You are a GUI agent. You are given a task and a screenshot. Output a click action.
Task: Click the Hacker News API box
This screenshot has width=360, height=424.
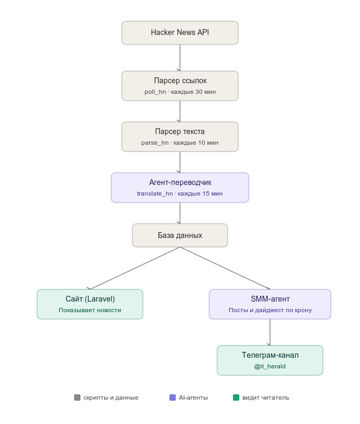click(180, 33)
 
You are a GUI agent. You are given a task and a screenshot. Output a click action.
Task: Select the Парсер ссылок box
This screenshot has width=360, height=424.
click(180, 86)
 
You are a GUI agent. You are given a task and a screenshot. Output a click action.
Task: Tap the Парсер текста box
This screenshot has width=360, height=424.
click(180, 137)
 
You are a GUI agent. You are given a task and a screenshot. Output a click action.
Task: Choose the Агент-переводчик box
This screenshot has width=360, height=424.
click(180, 188)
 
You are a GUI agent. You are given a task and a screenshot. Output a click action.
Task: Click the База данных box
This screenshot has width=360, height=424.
click(180, 235)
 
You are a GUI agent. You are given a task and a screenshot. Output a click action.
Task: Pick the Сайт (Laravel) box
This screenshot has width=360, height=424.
click(90, 304)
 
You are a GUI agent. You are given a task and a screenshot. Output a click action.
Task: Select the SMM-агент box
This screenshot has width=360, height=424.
click(270, 304)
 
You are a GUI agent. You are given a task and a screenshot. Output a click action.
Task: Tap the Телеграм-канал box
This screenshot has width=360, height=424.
click(270, 360)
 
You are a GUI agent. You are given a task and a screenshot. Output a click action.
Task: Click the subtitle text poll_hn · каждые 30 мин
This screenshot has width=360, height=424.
click(180, 92)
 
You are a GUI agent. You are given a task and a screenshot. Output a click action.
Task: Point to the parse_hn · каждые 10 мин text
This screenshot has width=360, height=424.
click(180, 143)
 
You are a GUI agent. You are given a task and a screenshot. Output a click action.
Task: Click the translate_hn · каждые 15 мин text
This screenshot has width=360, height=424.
click(180, 193)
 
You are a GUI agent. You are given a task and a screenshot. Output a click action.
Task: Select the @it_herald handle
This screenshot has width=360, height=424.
click(270, 366)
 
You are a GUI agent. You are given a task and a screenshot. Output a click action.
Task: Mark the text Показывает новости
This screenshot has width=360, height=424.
click(90, 310)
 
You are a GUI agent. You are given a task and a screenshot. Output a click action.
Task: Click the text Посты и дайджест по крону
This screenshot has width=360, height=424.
click(270, 310)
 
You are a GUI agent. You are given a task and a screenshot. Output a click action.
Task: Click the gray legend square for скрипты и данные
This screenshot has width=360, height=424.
click(77, 397)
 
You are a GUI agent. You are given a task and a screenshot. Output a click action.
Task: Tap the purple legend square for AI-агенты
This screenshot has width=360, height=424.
click(173, 397)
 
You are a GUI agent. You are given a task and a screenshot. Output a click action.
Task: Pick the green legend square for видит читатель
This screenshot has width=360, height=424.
click(236, 397)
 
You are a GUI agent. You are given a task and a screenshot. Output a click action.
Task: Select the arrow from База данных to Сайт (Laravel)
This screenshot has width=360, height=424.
click(135, 268)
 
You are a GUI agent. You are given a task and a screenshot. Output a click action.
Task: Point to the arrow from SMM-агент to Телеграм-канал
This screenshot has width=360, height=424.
click(270, 332)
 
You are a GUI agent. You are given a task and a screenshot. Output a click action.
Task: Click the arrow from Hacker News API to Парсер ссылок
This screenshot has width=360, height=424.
click(180, 58)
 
